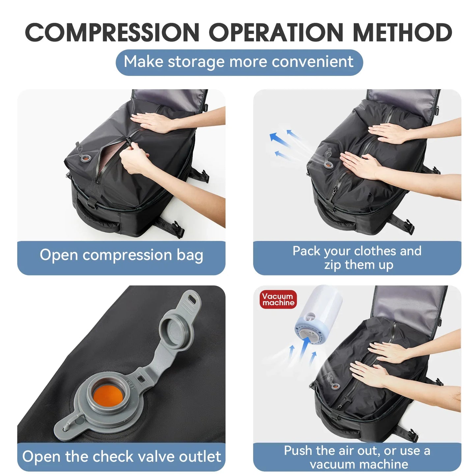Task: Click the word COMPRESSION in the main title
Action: pos(112,33)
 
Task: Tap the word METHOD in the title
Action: pos(402,33)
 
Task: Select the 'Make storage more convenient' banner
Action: pos(239,62)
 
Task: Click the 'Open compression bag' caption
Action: pos(121,255)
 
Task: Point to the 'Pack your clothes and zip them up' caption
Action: pos(357,258)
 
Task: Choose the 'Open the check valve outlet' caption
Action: pos(121,457)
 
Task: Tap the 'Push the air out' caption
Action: pos(357,457)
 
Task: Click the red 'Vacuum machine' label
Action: pos(278,299)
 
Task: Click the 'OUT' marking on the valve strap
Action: pos(130,384)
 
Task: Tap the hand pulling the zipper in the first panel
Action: pos(134,161)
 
